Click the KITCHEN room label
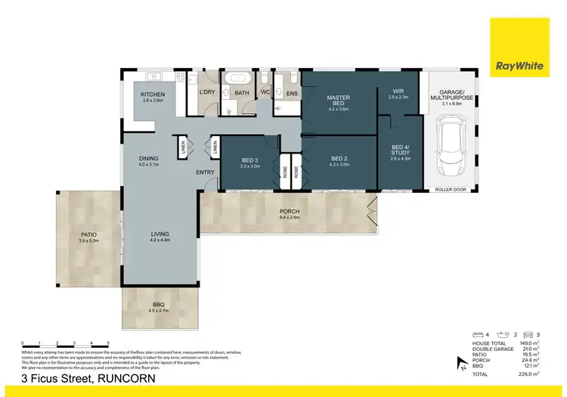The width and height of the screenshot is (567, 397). click(153, 95)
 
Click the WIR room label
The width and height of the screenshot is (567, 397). click(398, 91)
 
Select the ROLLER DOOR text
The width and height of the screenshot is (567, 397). click(450, 190)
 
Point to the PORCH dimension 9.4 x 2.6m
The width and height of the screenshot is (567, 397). click(290, 217)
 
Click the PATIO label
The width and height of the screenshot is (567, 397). click(88, 235)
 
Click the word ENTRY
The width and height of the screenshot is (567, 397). click(205, 172)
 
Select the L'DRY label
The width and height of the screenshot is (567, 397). click(206, 93)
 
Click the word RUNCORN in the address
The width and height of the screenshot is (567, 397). click(126, 379)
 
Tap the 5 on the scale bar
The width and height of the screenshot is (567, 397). click(109, 343)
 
